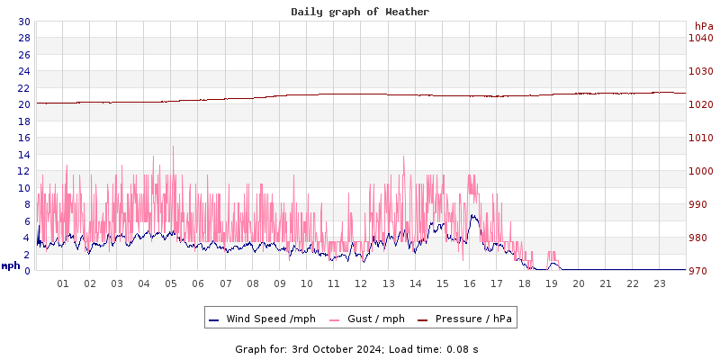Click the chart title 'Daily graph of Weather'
pos(360,12)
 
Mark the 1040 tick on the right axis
pos(700,38)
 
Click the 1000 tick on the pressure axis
pos(700,171)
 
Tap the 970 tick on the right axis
pos(700,271)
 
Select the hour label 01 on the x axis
pos(63,283)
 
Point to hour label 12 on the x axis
pos(361,283)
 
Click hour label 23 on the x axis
pos(660,283)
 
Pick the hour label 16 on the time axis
pos(470,283)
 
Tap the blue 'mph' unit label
pos(11,265)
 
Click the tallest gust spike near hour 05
pos(173,147)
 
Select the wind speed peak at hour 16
pos(472,216)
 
